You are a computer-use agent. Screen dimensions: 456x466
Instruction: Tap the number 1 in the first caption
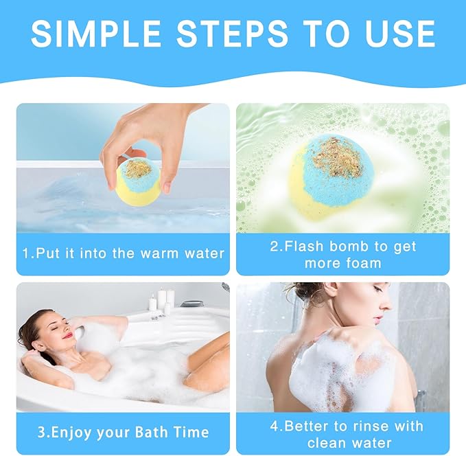26,253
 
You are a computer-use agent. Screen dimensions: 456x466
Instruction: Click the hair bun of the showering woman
301,295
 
